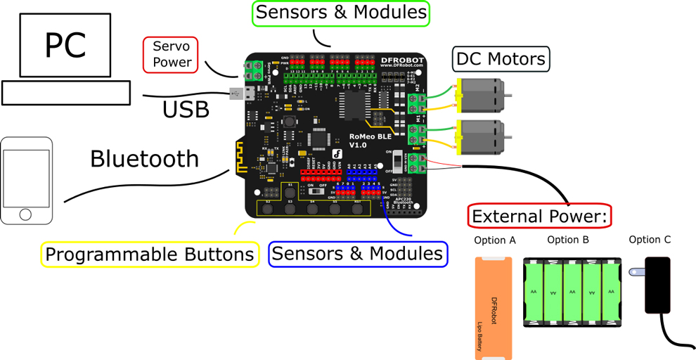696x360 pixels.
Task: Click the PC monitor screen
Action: click(65, 45)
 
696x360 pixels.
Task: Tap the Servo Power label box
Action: click(170, 55)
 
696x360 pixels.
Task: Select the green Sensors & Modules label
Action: click(341, 13)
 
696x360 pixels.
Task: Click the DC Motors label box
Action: click(501, 58)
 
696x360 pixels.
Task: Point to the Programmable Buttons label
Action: click(149, 254)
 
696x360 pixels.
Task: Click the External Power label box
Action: click(540, 215)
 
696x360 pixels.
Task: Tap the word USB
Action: click(186, 110)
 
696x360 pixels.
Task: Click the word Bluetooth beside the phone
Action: click(145, 159)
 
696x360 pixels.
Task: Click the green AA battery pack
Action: click(572, 292)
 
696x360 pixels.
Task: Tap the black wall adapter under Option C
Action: click(658, 285)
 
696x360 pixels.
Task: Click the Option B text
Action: click(567, 240)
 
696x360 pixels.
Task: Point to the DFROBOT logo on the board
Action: click(402, 60)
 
